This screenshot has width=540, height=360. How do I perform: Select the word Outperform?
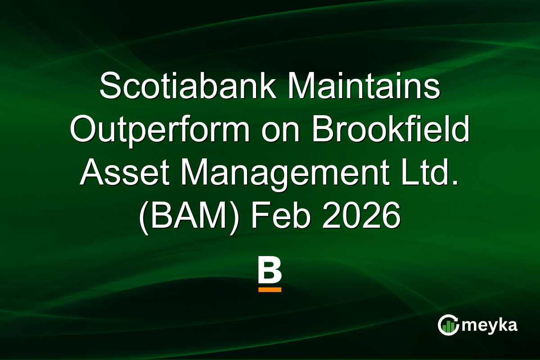click(x=160, y=130)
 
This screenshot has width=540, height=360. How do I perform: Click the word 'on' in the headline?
click(x=281, y=130)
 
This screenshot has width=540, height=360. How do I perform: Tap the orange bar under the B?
click(x=270, y=290)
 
